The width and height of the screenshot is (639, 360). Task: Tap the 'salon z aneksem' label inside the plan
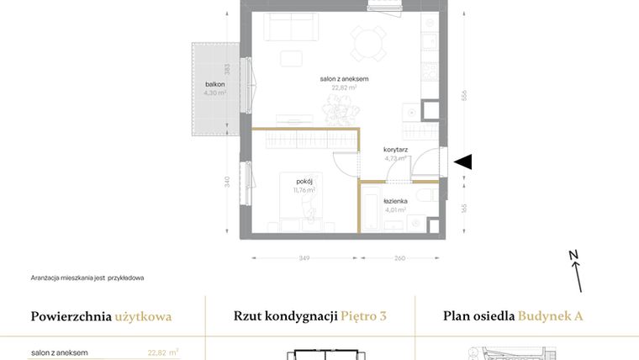click(x=344, y=79)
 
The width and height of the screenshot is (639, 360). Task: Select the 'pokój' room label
click(x=304, y=181)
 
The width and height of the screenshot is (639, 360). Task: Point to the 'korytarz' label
click(x=395, y=149)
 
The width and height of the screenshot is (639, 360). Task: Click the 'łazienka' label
click(x=395, y=201)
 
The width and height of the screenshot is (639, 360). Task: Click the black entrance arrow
click(x=462, y=162)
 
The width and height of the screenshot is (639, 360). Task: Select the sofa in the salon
click(x=293, y=28)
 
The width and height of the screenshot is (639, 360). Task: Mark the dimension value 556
click(x=463, y=97)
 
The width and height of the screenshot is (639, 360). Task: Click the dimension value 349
click(x=304, y=257)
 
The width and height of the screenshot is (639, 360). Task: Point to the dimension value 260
click(x=399, y=257)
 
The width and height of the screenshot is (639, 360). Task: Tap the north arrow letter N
click(x=573, y=254)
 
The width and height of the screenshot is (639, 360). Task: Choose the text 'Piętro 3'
click(x=364, y=317)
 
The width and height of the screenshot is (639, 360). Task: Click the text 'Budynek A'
click(x=550, y=317)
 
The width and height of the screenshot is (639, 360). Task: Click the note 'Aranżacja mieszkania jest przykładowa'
click(x=87, y=278)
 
